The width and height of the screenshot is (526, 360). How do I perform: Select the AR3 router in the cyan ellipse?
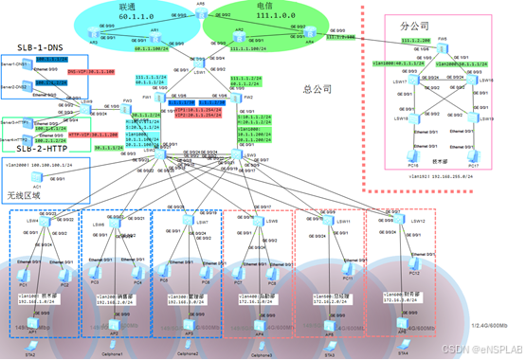pos(94,35)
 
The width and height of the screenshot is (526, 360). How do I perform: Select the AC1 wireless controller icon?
pos(38,179)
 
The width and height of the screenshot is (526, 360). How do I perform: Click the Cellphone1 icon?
pos(113,347)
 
